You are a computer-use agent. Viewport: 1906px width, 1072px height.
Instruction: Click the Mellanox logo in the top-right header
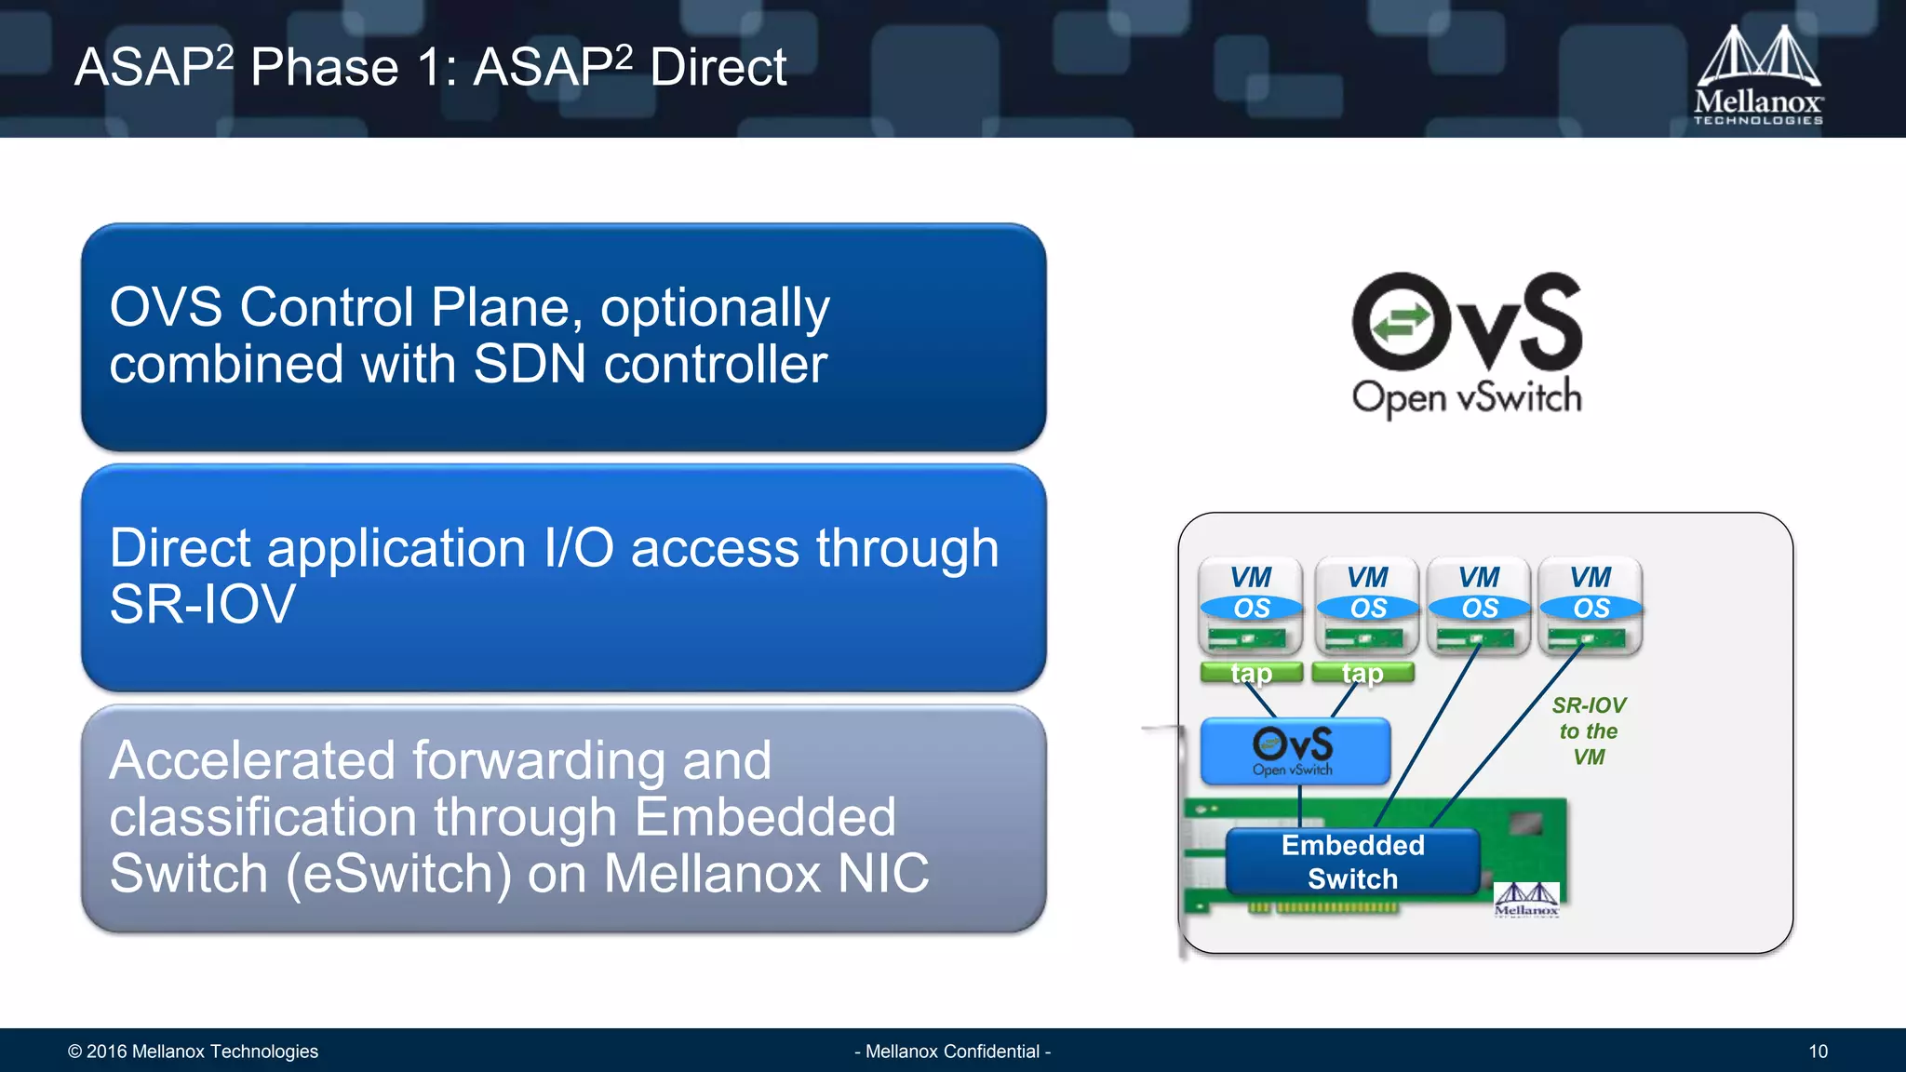1757,74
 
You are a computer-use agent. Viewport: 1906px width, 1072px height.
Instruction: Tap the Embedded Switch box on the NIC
1352,862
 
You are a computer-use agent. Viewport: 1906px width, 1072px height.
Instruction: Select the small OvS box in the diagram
1295,750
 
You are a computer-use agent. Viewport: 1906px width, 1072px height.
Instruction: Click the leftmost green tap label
1251,673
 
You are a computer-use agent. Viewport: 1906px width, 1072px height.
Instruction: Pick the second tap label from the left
1362,673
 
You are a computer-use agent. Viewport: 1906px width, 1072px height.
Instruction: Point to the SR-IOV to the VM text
1589,731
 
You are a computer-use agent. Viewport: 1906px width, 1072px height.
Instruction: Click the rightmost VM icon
1591,605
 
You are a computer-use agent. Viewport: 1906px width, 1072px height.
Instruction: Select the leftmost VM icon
1251,605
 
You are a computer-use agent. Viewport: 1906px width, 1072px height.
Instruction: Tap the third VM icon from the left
1479,605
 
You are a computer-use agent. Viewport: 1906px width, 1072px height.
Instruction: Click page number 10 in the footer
1818,1052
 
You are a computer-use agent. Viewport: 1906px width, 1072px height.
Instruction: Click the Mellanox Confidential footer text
952,1052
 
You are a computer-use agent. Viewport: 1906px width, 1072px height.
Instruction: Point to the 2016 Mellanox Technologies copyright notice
193,1052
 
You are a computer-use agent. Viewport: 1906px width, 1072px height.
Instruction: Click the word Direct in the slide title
718,68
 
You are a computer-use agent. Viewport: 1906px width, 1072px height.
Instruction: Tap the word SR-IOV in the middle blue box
202,604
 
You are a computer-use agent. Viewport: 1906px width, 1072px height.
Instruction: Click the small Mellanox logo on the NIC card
1526,900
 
